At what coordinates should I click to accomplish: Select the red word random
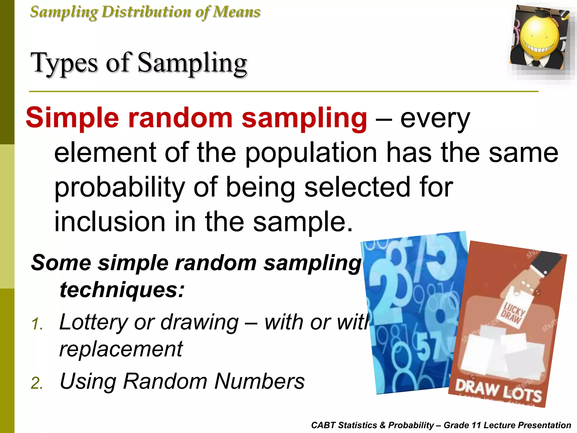180,118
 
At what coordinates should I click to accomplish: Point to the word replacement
121,349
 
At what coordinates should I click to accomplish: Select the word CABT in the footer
323,425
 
